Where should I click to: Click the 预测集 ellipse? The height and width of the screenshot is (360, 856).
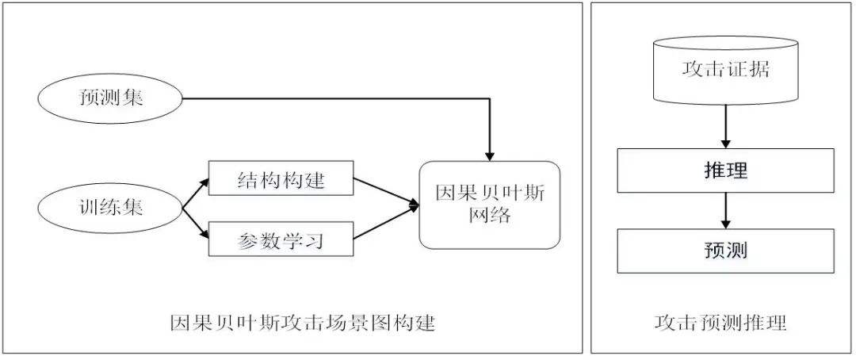pos(110,98)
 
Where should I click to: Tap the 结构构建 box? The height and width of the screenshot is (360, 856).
pos(280,181)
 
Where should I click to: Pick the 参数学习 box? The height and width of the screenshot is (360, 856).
pos(280,238)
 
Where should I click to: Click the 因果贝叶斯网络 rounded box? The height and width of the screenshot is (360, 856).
pos(489,205)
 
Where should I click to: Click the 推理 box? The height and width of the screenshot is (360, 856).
pos(725,171)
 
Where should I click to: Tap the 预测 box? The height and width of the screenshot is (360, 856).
pos(725,251)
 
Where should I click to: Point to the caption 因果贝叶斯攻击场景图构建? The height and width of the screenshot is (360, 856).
pos(304,323)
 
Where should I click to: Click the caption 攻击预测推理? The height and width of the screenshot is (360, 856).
pos(720,323)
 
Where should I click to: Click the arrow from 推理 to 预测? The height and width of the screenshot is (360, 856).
pos(725,211)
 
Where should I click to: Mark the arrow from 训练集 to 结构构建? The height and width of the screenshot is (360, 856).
pos(196,193)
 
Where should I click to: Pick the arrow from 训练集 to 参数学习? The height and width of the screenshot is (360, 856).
pos(196,224)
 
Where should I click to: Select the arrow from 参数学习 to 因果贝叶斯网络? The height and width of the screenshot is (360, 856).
pos(385,222)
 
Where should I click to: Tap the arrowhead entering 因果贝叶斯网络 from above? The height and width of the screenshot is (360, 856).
pos(489,154)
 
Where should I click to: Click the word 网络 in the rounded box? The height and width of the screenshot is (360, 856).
pos(489,216)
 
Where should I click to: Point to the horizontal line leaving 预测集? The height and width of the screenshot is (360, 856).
pos(333,98)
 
